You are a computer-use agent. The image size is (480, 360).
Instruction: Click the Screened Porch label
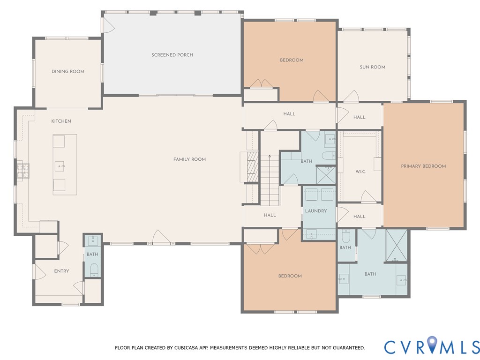tap(172, 55)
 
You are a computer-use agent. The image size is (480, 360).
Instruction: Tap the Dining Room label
tap(68, 72)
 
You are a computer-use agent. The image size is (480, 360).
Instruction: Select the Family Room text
tap(189, 159)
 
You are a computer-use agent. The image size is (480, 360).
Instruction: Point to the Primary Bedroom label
tap(423, 166)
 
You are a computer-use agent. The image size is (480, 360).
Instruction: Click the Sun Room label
tap(372, 67)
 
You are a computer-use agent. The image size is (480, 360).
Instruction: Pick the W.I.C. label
tap(360, 172)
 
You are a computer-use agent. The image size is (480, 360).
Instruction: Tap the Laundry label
tap(316, 211)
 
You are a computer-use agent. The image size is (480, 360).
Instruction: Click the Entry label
tap(61, 271)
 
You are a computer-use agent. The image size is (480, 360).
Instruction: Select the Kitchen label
tap(61, 121)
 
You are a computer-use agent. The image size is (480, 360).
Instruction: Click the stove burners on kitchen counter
tap(23, 171)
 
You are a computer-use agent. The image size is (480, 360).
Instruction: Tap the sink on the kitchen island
tap(60, 166)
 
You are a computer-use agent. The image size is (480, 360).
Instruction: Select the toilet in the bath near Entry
tap(94, 270)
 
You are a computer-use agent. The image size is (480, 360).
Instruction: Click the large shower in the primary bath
tap(397, 246)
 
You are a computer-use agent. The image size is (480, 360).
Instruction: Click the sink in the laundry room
tap(312, 234)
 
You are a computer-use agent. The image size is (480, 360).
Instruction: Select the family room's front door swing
tap(161, 237)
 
